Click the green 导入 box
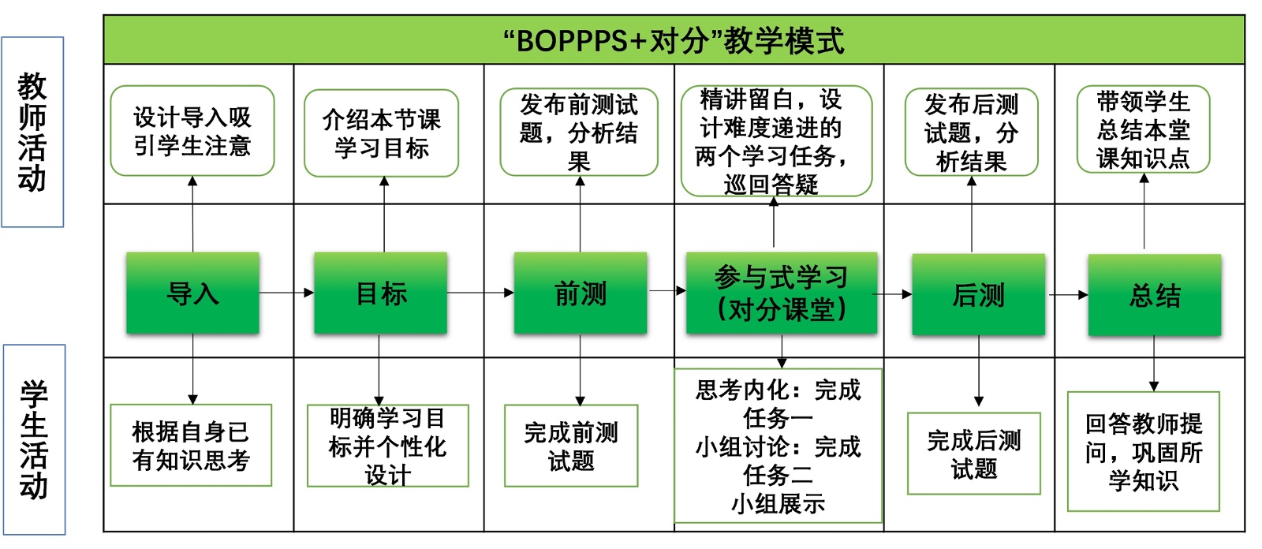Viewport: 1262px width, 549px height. point(192,293)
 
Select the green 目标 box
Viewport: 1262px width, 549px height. point(381,293)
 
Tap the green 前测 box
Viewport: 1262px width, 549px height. point(581,293)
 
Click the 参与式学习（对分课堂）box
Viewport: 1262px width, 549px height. point(781,293)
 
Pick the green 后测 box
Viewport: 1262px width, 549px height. point(978,295)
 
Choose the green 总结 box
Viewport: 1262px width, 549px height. point(1155,295)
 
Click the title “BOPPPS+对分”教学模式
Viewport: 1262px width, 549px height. point(674,40)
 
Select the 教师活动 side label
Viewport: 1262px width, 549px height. point(32,132)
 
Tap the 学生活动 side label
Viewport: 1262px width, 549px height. point(34,439)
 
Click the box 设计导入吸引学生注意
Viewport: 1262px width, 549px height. point(192,131)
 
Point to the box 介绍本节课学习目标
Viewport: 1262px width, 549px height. point(381,133)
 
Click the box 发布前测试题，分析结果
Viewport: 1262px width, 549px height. point(579,132)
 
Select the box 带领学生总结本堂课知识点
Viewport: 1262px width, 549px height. point(1143,129)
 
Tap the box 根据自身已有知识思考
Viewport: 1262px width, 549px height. point(191,446)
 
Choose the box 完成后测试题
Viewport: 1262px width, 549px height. point(974,454)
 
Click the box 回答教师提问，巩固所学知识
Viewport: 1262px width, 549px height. point(1143,452)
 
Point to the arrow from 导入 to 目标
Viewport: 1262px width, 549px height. point(286,293)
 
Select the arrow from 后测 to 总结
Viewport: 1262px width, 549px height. point(1067,295)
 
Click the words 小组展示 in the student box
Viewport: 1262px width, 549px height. point(778,504)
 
